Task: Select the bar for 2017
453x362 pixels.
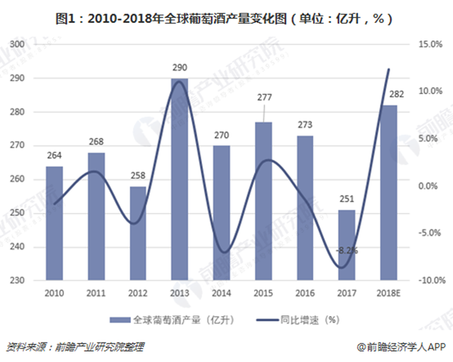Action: [x=347, y=246]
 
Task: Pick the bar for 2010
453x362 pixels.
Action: [x=54, y=223]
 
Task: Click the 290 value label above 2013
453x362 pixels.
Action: [x=179, y=68]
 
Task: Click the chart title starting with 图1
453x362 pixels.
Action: [x=226, y=20]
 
